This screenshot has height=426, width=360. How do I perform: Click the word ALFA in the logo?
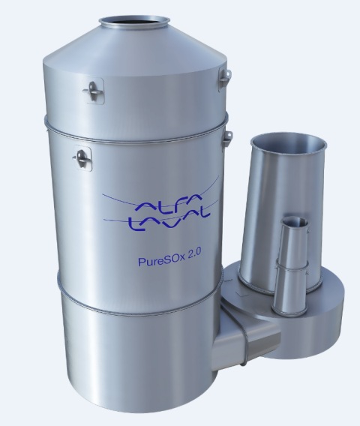[x=168, y=205]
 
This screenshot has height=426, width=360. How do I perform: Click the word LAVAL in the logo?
[x=169, y=221]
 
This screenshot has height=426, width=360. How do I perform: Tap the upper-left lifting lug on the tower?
[x=93, y=91]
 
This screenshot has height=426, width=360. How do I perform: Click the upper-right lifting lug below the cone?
[x=225, y=78]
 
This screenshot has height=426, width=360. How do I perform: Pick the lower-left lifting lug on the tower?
[x=82, y=158]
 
